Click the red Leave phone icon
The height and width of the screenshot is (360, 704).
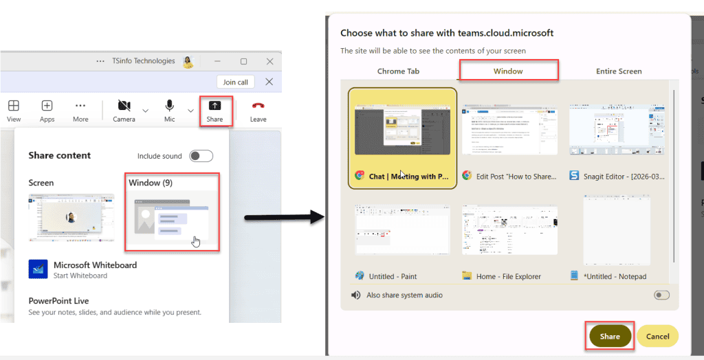click(x=258, y=106)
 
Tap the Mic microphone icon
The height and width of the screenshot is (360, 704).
click(x=169, y=106)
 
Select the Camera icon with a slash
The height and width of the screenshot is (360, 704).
click(x=124, y=106)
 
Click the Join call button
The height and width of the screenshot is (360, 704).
click(x=235, y=82)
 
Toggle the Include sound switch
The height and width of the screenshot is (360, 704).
click(x=201, y=156)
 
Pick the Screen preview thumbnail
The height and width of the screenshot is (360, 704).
click(x=71, y=217)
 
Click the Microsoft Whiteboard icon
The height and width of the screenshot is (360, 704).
click(x=38, y=269)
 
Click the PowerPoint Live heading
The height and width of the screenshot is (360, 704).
click(x=58, y=301)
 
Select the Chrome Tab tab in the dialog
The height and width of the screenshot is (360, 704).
click(x=398, y=71)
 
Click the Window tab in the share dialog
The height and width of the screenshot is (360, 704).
click(x=508, y=71)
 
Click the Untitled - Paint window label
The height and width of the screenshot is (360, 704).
click(x=393, y=276)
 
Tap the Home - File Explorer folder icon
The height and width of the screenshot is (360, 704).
click(x=467, y=275)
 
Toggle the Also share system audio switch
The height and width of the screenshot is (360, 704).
click(x=661, y=295)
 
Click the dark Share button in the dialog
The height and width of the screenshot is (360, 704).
click(x=610, y=336)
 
